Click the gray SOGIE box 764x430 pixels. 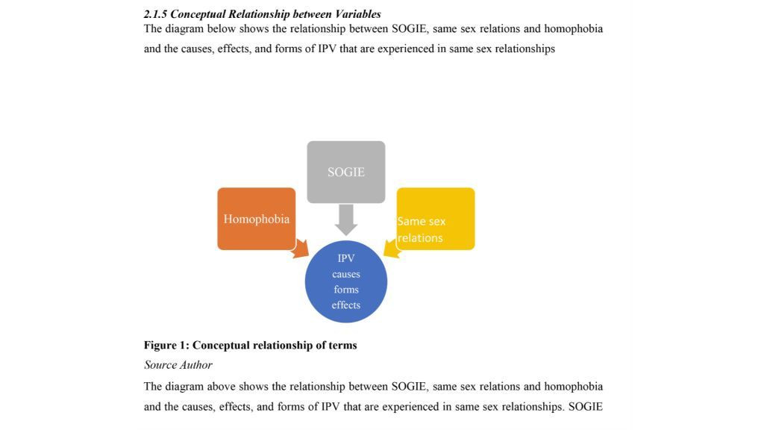(346, 172)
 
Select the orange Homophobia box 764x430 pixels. (256, 219)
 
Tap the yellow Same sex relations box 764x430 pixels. (436, 219)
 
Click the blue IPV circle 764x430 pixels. (346, 282)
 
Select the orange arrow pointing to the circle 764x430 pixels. (301, 249)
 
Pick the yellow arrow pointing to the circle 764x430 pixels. (392, 249)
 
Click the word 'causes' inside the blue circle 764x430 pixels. (346, 274)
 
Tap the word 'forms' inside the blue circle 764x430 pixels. (346, 290)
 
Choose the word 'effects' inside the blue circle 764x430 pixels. (346, 305)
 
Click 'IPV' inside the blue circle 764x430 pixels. (346, 258)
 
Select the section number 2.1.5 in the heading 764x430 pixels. (156, 14)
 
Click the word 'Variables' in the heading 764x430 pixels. (357, 14)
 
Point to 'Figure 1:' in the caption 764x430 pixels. (166, 345)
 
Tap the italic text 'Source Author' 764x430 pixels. (178, 365)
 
